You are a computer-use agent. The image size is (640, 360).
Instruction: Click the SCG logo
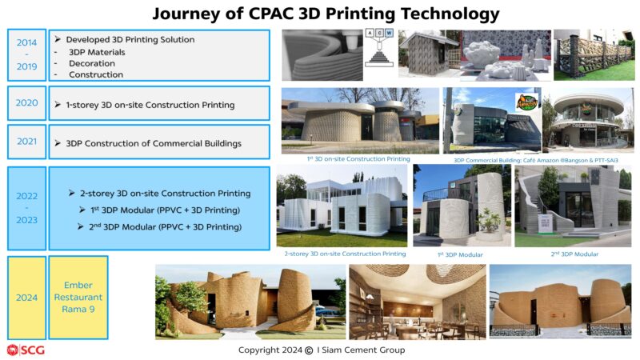(x=26, y=350)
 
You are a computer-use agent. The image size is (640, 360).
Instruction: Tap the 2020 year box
(x=27, y=103)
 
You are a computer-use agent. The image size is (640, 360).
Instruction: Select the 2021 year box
(x=27, y=142)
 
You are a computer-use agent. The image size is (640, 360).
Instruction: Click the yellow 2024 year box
(x=27, y=298)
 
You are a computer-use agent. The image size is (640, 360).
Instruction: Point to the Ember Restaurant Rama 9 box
(x=78, y=298)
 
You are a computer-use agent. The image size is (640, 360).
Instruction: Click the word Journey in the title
(x=187, y=14)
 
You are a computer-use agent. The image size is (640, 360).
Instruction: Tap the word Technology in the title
(x=450, y=14)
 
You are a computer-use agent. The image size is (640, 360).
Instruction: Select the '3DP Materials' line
(x=97, y=52)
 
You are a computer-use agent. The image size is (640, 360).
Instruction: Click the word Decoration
(x=92, y=64)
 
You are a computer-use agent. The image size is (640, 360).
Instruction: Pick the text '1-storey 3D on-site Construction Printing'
(x=150, y=105)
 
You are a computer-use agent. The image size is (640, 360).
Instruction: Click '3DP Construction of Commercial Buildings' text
(x=154, y=144)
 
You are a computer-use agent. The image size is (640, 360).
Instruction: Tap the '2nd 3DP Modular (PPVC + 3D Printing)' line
(x=165, y=226)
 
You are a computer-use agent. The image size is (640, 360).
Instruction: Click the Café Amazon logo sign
(x=527, y=102)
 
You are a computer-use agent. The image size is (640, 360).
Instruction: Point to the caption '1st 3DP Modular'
(x=460, y=254)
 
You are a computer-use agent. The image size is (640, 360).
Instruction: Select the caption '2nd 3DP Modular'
(x=574, y=254)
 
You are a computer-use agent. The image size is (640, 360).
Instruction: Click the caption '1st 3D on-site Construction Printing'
(x=358, y=158)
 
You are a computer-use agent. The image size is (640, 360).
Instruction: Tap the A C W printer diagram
(x=379, y=48)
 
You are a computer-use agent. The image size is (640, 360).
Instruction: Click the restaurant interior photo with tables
(x=418, y=302)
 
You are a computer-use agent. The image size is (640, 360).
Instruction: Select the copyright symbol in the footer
(x=309, y=350)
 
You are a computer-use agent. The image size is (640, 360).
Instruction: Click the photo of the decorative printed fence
(x=594, y=54)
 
